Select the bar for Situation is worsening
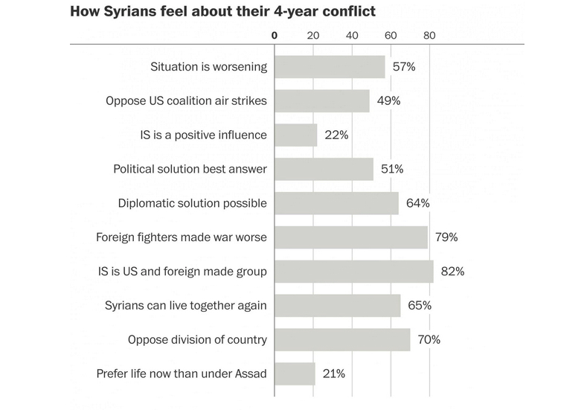(x=330, y=67)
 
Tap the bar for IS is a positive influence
(x=296, y=135)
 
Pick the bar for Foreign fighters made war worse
(x=351, y=237)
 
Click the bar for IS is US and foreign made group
(x=354, y=272)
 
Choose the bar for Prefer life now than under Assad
(x=295, y=374)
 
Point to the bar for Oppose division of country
(x=342, y=339)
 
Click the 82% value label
(x=452, y=272)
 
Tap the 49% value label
(x=388, y=101)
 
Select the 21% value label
(x=333, y=374)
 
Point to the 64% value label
(x=417, y=203)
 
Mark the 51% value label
(x=391, y=169)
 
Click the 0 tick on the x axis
(x=275, y=34)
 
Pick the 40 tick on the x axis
(x=352, y=34)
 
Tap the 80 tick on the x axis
(x=429, y=34)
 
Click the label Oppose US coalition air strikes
(x=185, y=101)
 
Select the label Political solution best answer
(x=190, y=169)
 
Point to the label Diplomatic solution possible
(x=192, y=203)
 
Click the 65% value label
(x=419, y=305)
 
